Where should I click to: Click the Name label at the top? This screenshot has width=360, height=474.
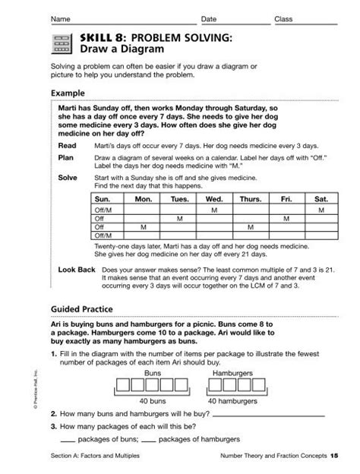coord(62,18)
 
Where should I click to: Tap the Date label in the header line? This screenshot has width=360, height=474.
coord(208,18)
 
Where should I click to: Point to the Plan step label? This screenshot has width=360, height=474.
coord(66,158)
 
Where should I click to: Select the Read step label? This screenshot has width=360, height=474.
coord(67,144)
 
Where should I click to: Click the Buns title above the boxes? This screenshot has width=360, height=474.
coord(154,374)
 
